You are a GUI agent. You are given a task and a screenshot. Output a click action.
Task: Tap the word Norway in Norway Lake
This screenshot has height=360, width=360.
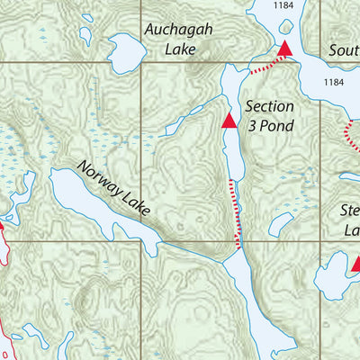pos(100,175)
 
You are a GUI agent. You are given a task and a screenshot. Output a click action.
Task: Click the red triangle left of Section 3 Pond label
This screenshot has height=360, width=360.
pos(229,119)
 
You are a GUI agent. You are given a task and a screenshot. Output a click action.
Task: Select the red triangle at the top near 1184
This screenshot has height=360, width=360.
pos(285,48)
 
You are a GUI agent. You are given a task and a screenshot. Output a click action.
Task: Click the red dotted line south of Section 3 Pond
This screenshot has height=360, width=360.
pos(237,212)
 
